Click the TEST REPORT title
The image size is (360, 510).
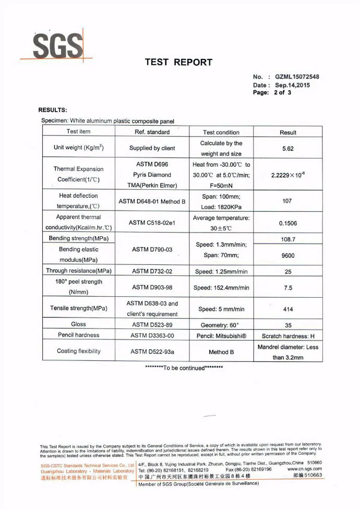point(178,63)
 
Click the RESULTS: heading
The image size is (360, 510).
point(53,110)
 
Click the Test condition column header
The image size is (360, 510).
point(221,132)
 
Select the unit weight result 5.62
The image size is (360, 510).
point(288,148)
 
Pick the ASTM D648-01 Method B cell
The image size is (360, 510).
point(152,201)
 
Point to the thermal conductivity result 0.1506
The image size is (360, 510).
point(288,223)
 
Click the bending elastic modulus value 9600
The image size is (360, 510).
point(287,255)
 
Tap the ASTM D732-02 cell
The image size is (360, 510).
point(152,271)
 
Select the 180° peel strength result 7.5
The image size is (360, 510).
point(287,287)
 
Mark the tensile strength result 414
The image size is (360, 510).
point(287,309)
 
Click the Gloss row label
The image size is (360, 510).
point(78,324)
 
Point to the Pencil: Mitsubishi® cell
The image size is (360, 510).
point(221,335)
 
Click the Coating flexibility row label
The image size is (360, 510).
point(79,351)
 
